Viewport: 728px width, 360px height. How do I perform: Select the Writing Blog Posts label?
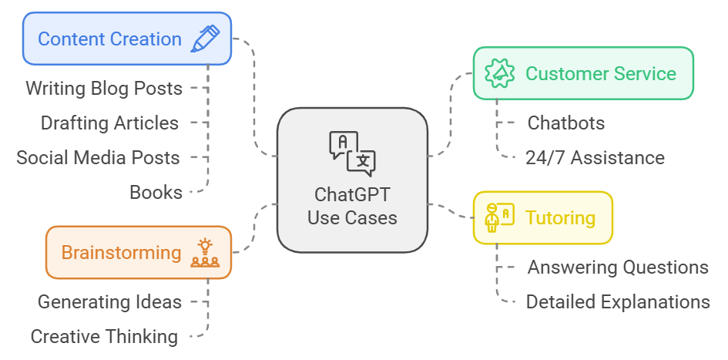(x=104, y=88)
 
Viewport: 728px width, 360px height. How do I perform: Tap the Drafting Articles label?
(x=109, y=123)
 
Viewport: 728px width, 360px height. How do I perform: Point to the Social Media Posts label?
(x=98, y=157)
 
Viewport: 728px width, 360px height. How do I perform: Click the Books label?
(x=156, y=192)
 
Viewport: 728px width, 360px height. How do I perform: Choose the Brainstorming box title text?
(x=121, y=253)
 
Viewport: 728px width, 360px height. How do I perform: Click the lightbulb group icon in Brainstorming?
(x=204, y=253)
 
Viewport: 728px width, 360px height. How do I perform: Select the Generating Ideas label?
(x=109, y=301)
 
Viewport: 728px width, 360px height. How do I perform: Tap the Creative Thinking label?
(x=104, y=336)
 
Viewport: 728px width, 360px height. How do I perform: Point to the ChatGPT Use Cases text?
(x=352, y=206)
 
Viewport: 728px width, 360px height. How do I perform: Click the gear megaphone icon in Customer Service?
(x=499, y=73)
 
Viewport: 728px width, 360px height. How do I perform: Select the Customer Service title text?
(x=601, y=74)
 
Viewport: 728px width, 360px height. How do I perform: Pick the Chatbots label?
(x=565, y=123)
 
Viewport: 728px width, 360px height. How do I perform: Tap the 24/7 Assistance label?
(x=595, y=157)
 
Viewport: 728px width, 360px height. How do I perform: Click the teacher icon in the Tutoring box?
(x=498, y=217)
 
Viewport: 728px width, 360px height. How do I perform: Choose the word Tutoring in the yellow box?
(x=560, y=217)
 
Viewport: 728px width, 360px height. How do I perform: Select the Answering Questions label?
(x=618, y=267)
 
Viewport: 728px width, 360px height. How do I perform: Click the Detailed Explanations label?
(x=618, y=301)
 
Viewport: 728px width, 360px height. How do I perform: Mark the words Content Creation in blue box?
(x=109, y=39)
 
